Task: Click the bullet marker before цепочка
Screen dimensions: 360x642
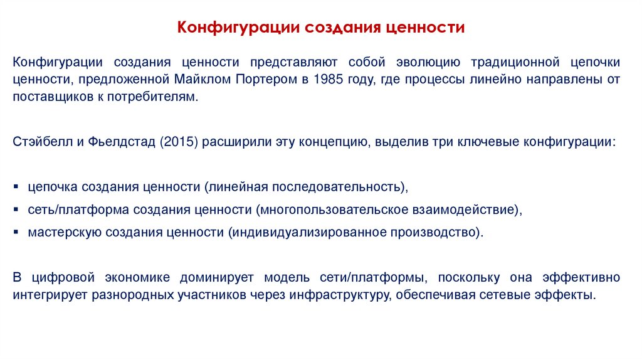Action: coord(16,188)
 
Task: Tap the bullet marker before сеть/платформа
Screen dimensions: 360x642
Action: coord(16,209)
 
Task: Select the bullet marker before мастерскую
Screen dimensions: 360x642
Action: coord(16,232)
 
